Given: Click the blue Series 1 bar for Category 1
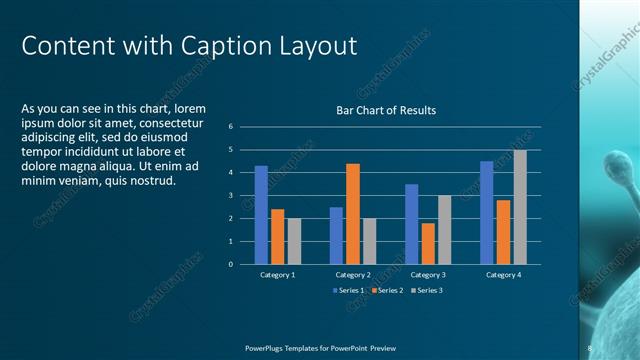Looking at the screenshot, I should pos(261,215).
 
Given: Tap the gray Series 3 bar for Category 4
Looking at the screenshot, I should pos(520,207).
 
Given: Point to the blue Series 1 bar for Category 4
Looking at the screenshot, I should pos(487,212).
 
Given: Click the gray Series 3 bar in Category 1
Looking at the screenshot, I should pos(294,241).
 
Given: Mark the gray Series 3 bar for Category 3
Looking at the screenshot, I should pos(445,230).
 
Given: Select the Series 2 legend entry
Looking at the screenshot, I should pos(388,290).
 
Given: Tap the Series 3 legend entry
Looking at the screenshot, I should pos(426,290).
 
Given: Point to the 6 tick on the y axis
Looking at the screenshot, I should pos(231,127).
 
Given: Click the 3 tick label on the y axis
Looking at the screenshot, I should pos(231,196).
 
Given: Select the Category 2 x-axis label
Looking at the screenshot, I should pos(353,274).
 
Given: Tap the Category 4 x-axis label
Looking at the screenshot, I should pos(503,274).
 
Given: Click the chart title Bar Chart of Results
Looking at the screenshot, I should pos(385,110).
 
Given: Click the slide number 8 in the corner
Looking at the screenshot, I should pos(590,348).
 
